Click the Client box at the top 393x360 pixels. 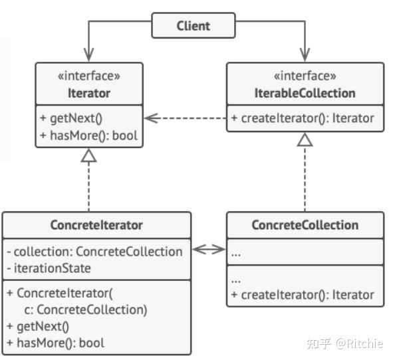(194, 25)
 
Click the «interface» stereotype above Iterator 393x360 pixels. (89, 76)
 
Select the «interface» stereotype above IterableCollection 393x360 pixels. (305, 76)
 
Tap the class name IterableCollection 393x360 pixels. (305, 93)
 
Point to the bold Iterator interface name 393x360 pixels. (89, 93)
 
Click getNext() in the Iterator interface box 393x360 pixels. (71, 118)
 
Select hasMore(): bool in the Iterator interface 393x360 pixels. (88, 135)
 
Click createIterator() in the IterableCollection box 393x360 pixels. (303, 118)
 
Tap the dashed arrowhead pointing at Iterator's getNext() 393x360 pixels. (152, 118)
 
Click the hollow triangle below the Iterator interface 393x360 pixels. (88, 155)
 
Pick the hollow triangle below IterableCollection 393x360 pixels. (305, 139)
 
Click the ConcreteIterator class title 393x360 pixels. (96, 225)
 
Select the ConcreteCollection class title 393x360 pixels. (305, 225)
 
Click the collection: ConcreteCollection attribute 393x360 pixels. (94, 251)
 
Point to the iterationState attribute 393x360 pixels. (49, 268)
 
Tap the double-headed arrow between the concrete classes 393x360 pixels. (209, 249)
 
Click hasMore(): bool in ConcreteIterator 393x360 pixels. (56, 343)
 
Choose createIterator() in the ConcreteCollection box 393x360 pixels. (303, 295)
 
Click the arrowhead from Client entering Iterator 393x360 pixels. (88, 54)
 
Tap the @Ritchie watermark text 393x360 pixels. (359, 343)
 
